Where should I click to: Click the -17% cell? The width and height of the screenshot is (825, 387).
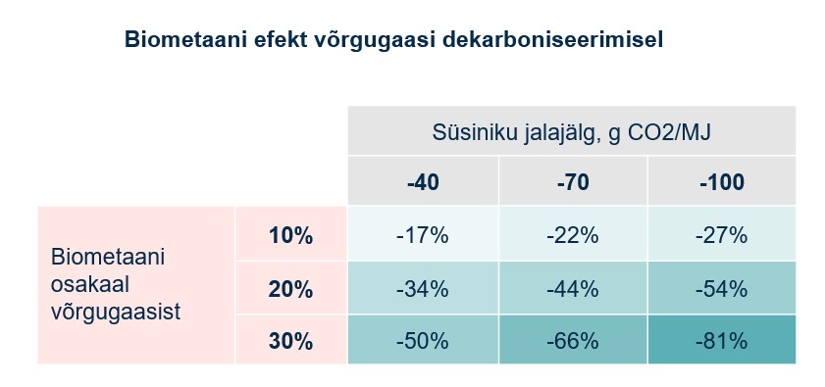coord(422,235)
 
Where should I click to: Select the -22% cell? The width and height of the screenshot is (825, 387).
coord(572,235)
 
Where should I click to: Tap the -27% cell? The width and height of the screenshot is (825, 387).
coord(721,235)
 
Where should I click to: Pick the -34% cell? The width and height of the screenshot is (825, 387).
coord(422,289)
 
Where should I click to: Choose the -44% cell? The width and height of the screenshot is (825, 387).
coord(572,289)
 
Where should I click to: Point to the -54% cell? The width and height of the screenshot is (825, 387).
coord(721,289)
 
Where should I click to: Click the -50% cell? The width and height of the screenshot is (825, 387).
coord(422,341)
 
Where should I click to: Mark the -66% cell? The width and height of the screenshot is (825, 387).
coord(572,341)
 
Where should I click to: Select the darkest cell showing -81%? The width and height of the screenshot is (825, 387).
coord(721,341)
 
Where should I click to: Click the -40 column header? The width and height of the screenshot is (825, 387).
coord(422,182)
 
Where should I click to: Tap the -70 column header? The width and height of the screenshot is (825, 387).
coord(572,182)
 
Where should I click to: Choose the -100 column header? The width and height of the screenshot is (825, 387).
coord(721,182)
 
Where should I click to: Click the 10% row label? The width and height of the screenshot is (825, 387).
coord(290,235)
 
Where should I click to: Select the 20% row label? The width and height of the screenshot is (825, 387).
coord(290,289)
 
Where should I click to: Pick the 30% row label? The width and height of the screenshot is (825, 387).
coord(290,341)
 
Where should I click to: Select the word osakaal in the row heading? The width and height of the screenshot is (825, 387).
coord(90,284)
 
